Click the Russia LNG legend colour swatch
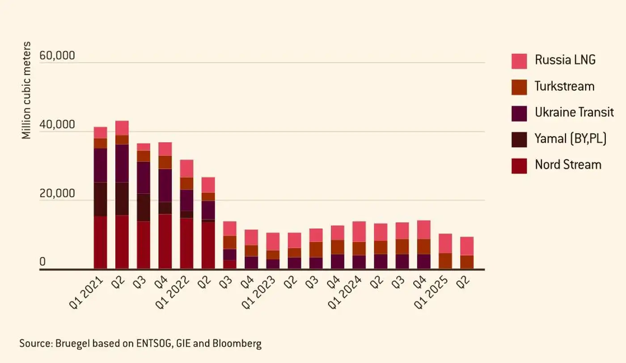point(519,61)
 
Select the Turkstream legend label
point(564,86)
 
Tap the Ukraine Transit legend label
point(574,112)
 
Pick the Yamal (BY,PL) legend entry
point(571,139)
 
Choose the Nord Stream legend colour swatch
point(519,166)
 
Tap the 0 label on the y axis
point(42,262)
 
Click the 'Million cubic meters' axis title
point(27,90)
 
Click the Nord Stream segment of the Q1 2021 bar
point(100,242)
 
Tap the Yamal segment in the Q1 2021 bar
point(100,199)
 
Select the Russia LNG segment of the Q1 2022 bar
point(186,168)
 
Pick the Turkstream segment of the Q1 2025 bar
point(445,261)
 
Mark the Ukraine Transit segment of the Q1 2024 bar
point(359,262)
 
